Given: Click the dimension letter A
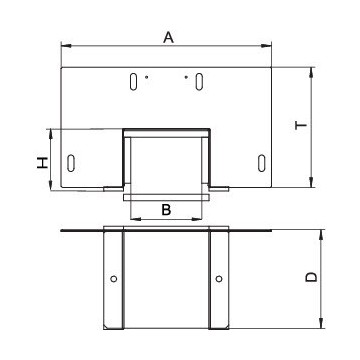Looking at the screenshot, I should (x=169, y=36).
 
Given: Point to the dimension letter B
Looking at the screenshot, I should (x=167, y=210).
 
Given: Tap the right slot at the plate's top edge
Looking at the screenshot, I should (x=199, y=81).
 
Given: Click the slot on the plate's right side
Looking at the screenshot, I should (x=261, y=161).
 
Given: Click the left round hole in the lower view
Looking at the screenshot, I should (x=114, y=278).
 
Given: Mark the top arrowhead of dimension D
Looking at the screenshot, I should (x=321, y=233).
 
